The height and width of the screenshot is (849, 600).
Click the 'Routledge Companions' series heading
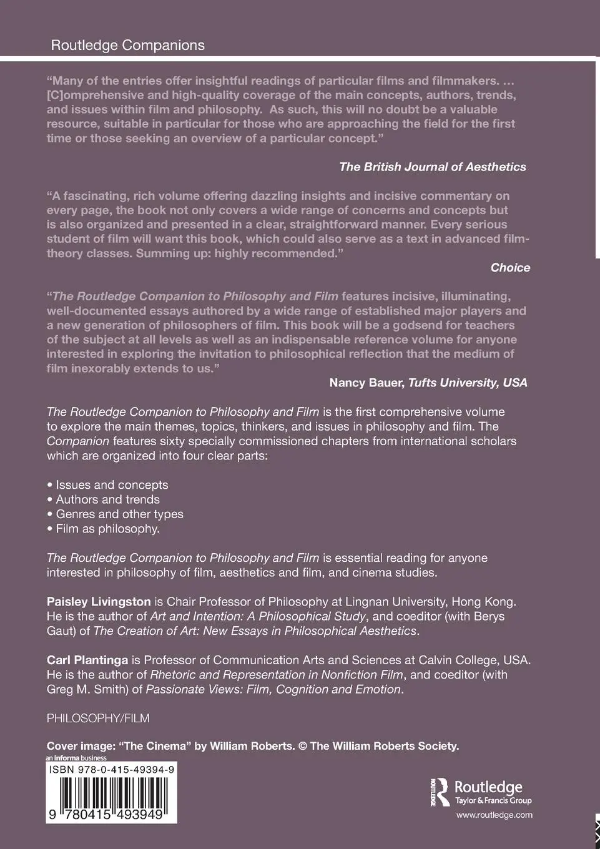pos(127,45)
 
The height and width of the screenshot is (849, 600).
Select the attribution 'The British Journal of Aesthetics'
pos(432,167)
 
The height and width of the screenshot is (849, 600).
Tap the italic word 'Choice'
pos(510,267)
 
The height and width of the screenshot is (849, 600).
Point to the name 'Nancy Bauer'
pos(366,383)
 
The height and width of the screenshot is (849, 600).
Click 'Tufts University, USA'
pos(468,383)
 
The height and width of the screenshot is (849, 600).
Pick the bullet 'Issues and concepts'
pos(112,484)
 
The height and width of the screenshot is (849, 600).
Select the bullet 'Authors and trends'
pos(107,499)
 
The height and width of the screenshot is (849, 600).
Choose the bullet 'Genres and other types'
pos(119,514)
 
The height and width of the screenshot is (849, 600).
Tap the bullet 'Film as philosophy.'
pos(107,529)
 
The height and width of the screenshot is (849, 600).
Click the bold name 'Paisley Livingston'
pos(99,602)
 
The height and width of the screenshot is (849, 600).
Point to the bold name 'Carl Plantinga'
pos(87,660)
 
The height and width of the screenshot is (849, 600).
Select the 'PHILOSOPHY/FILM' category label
pos(98,718)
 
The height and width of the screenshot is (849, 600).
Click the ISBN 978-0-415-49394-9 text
pos(112,770)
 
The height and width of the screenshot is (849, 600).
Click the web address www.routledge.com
pos(494,815)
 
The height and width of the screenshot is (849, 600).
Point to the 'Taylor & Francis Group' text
pos(493,800)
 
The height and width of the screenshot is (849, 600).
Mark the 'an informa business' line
pos(76,758)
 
